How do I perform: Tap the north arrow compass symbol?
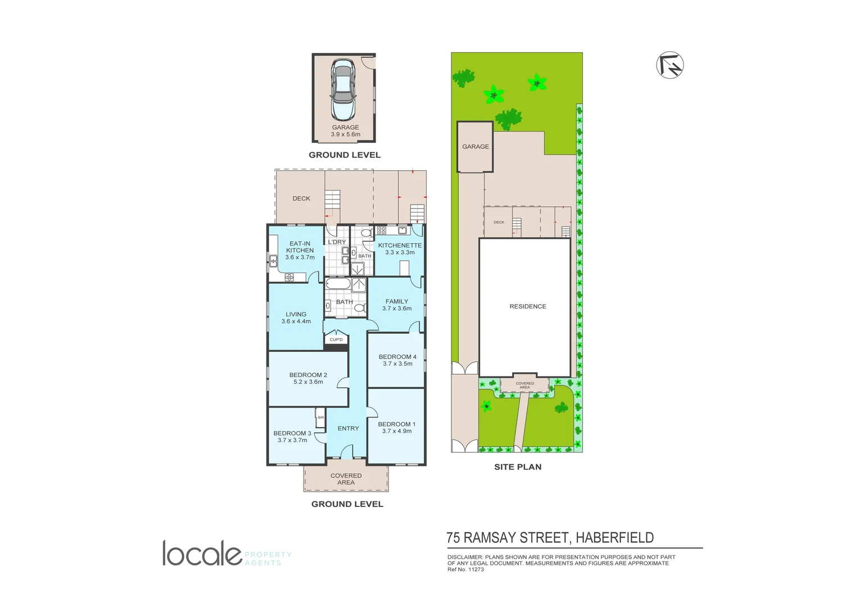(670, 65)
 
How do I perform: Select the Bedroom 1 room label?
(396, 424)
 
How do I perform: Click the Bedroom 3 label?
(292, 433)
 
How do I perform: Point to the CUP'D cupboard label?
(336, 339)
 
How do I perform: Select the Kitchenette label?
(400, 246)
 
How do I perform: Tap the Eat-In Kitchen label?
(300, 247)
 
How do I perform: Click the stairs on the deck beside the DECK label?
(333, 201)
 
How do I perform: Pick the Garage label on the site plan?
(475, 147)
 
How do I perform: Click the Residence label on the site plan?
(527, 306)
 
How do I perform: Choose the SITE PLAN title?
(517, 467)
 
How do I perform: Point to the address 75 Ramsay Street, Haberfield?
(549, 538)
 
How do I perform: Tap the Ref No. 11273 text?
(465, 569)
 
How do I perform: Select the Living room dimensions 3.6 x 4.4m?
(296, 321)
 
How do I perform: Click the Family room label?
(396, 301)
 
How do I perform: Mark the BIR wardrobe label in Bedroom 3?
(320, 418)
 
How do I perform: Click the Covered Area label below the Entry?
(346, 479)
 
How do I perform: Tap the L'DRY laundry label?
(337, 242)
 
